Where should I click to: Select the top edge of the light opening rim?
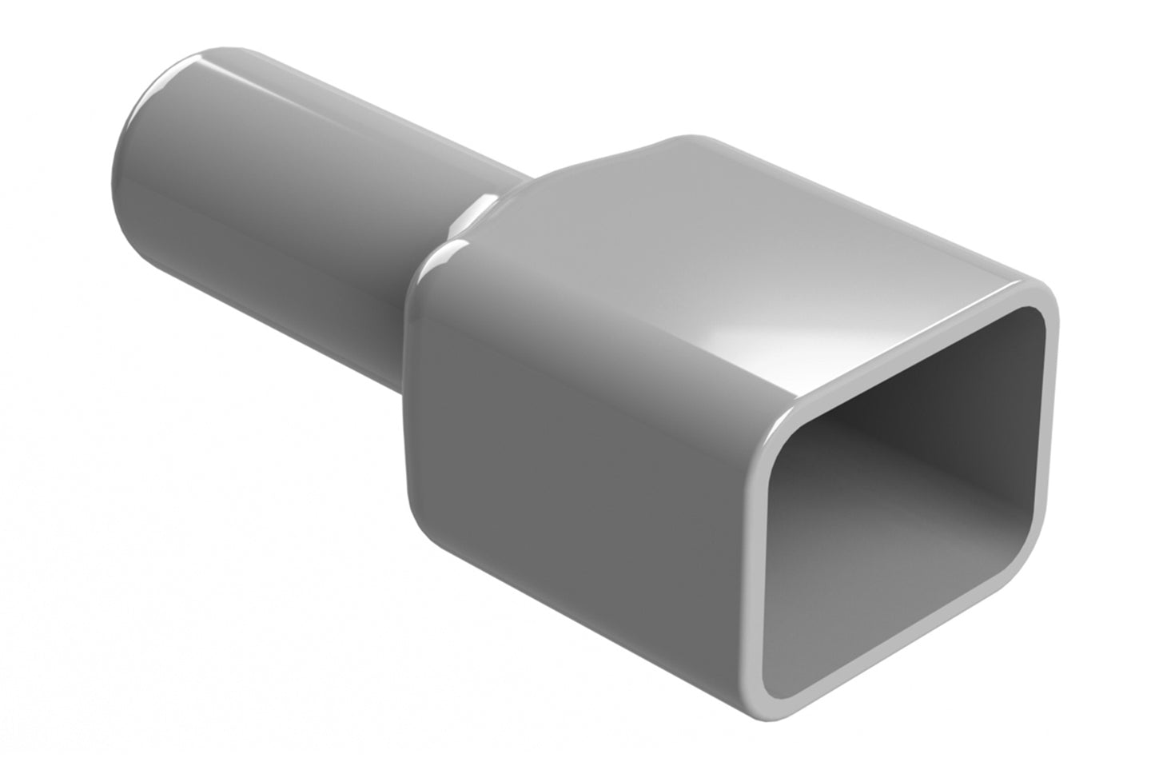tap(919, 349)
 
